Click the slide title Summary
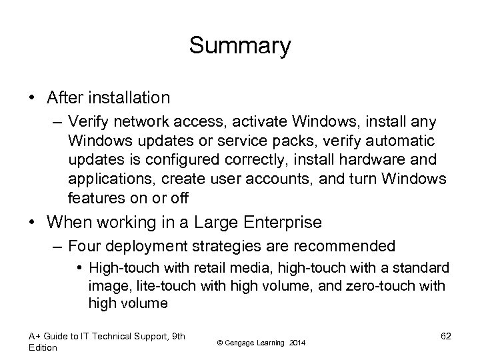coord(239,46)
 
